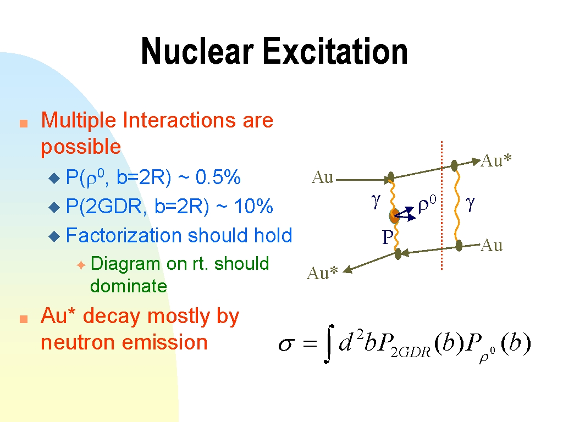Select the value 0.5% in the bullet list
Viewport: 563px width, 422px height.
(x=218, y=177)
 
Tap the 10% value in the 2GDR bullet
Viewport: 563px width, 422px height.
(x=253, y=207)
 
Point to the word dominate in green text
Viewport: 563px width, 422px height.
(x=129, y=286)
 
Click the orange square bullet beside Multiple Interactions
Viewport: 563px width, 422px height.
(x=24, y=124)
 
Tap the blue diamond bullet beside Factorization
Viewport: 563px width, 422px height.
(x=54, y=236)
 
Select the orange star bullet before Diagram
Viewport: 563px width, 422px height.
(x=81, y=265)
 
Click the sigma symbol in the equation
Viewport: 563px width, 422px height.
(x=286, y=345)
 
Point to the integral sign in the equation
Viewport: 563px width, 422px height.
(x=329, y=344)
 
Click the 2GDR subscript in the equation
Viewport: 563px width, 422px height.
(x=411, y=352)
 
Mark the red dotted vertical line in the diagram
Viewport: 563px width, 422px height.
(x=441, y=206)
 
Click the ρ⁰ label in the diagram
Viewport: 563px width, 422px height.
(x=427, y=205)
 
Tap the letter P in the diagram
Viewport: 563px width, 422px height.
(x=388, y=237)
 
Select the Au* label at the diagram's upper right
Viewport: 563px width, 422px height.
(x=496, y=160)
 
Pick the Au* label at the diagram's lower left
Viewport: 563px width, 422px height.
(x=322, y=274)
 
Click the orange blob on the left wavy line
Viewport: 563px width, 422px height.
(x=394, y=215)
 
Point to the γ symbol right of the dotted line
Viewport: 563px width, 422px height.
(x=471, y=203)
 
